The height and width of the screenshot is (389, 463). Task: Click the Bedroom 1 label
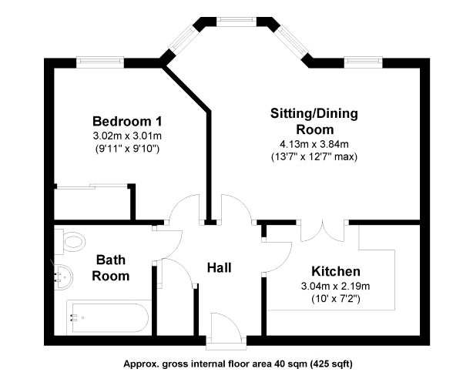click(x=127, y=121)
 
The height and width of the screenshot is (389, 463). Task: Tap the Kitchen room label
click(x=336, y=271)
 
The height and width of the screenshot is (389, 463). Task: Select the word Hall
click(x=219, y=268)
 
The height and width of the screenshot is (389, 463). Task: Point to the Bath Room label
click(x=111, y=268)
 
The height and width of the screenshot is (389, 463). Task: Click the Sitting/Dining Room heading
click(x=314, y=122)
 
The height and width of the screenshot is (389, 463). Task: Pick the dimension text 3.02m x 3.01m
click(x=127, y=136)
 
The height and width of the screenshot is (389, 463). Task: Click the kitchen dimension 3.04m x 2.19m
click(x=335, y=286)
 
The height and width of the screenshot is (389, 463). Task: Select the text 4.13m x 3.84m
click(x=314, y=144)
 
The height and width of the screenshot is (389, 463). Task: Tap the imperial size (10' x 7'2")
click(x=336, y=299)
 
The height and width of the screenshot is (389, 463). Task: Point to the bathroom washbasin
click(x=63, y=277)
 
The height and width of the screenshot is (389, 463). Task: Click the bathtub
click(x=109, y=318)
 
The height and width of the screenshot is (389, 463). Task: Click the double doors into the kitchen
click(x=323, y=233)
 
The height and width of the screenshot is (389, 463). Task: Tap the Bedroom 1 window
click(x=100, y=62)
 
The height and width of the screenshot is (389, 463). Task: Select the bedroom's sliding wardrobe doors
click(x=92, y=186)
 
